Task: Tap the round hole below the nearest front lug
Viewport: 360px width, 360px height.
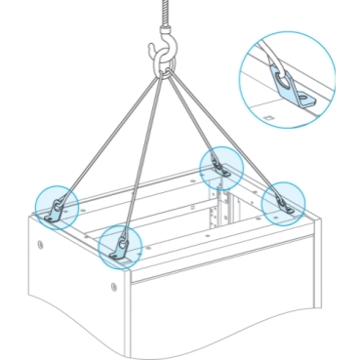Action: (113, 286)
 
